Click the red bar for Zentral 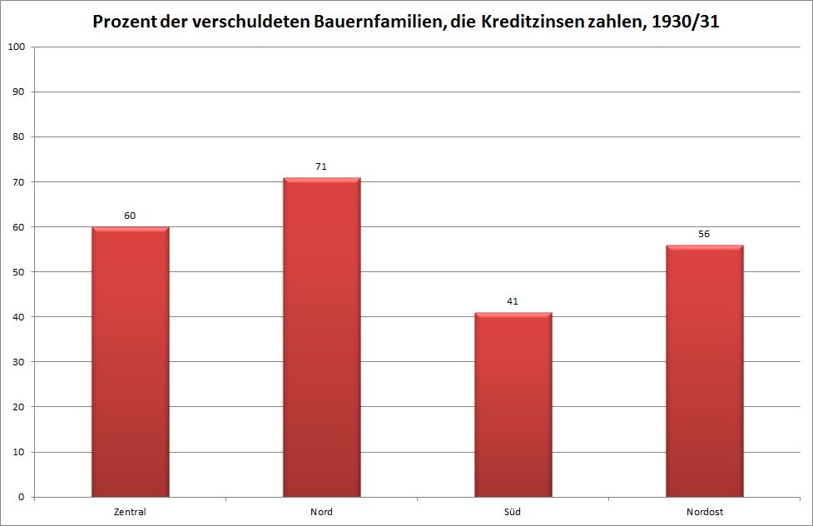130,362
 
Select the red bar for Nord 321,337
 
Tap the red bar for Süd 513,404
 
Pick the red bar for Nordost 704,371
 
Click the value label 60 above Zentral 130,216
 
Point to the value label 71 321,166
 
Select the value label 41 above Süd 513,301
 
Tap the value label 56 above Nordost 704,234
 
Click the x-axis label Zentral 130,512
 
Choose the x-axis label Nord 321,512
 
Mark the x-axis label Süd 513,512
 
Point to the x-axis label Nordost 704,512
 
